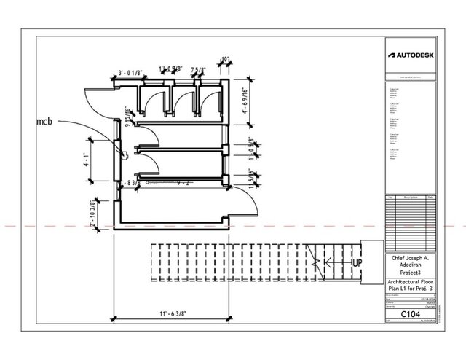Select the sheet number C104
(x=410, y=315)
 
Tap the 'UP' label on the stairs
(x=358, y=262)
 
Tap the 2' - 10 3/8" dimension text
(x=92, y=216)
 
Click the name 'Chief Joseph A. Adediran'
(x=410, y=262)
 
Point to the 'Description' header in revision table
(x=410, y=197)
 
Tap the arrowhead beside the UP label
(x=328, y=262)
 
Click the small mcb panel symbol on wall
(x=125, y=154)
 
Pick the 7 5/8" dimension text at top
(x=197, y=71)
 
